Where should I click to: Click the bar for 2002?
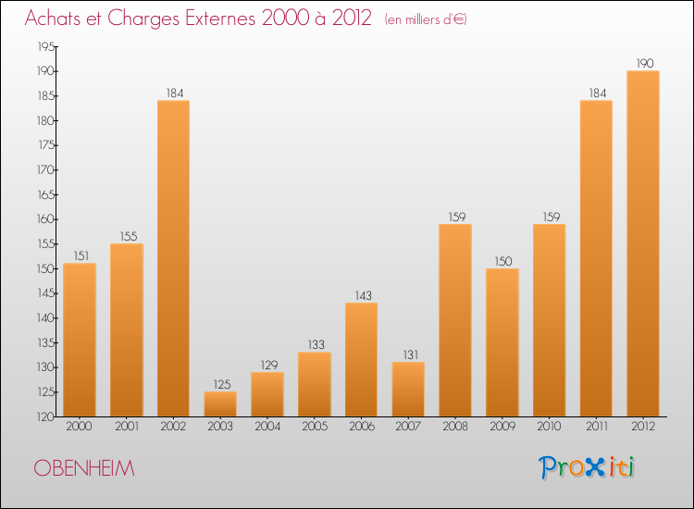[x=173, y=258]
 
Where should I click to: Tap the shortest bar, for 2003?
[x=220, y=404]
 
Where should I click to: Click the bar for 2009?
[x=502, y=342]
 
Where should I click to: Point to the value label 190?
[x=643, y=64]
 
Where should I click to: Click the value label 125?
[x=220, y=384]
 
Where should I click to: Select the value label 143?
[x=361, y=295]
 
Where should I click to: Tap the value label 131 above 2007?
[x=408, y=354]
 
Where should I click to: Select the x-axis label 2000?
[x=80, y=427]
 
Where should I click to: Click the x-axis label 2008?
[x=455, y=427]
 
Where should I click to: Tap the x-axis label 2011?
[x=596, y=427]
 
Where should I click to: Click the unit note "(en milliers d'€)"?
[x=426, y=19]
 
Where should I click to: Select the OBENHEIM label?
[x=84, y=468]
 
